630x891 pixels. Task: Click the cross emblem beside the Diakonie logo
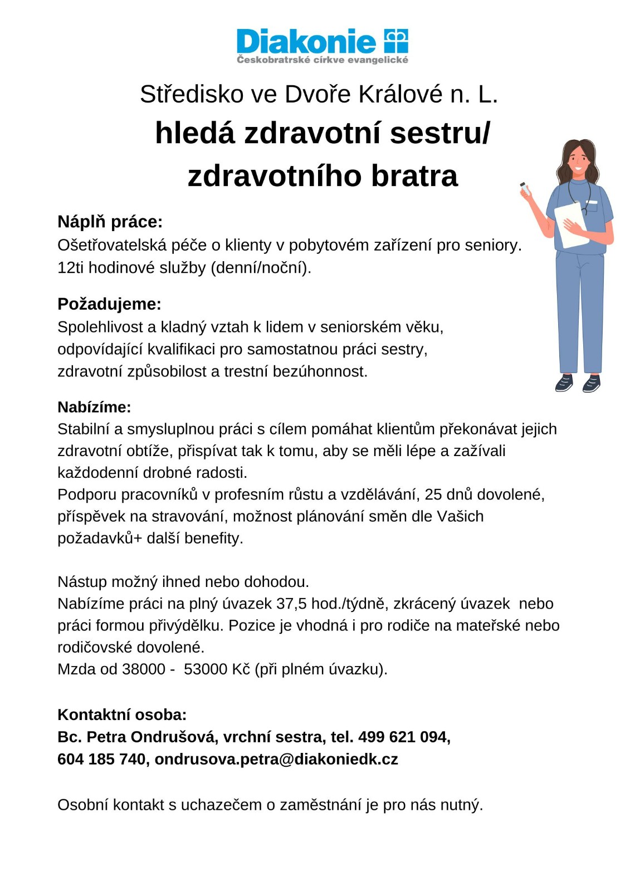point(396,41)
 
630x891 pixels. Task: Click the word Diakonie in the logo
point(306,42)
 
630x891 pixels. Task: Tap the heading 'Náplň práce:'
point(110,222)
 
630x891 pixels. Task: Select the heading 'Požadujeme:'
point(109,304)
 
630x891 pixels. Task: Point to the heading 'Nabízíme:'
point(94,407)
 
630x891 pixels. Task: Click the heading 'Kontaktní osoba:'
point(122,714)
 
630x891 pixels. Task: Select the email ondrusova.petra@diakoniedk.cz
point(276,759)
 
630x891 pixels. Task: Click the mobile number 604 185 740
point(101,759)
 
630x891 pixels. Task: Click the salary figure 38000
point(144,669)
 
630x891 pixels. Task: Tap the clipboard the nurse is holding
point(572,223)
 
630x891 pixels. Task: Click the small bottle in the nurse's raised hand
point(525,188)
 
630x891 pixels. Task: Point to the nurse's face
point(578,158)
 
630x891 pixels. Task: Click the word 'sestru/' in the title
point(440,133)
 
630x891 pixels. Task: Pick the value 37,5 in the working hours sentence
point(292,604)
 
